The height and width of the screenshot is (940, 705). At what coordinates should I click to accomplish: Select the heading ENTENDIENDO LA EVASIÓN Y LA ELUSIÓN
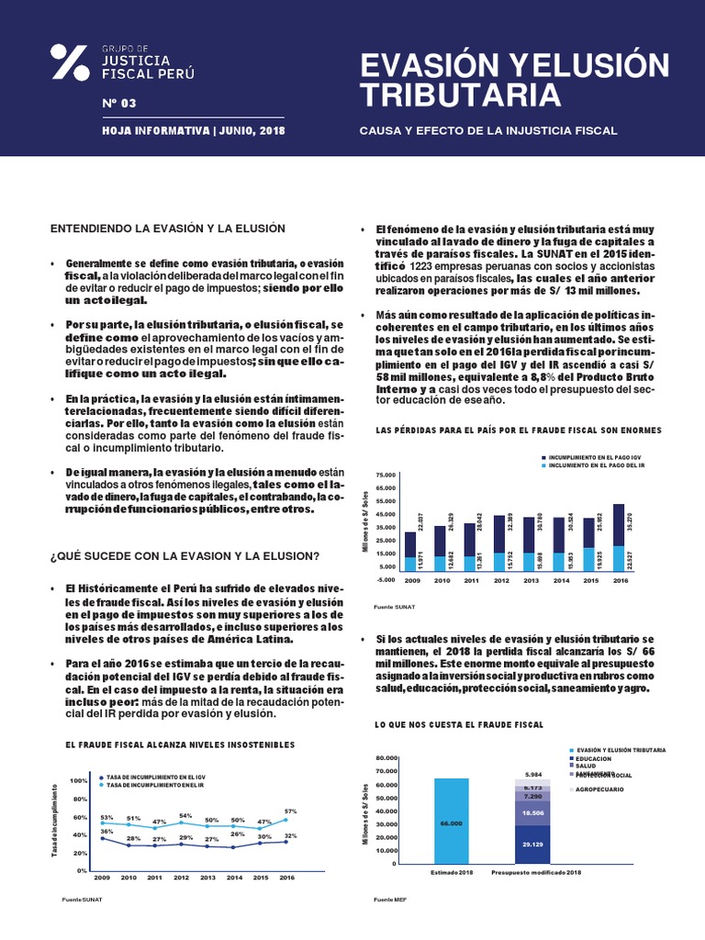(x=168, y=228)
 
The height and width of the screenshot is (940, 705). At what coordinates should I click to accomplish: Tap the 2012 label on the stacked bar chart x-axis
(x=500, y=581)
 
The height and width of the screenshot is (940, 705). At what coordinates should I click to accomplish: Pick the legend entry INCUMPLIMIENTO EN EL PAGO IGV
(x=607, y=455)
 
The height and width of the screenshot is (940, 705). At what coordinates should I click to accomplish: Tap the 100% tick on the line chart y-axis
(x=78, y=780)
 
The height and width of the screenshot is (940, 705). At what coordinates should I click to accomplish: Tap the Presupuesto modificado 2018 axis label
(x=537, y=871)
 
